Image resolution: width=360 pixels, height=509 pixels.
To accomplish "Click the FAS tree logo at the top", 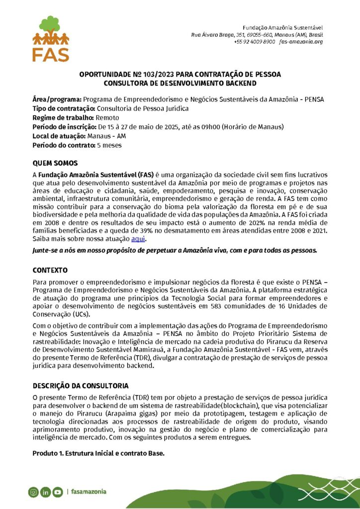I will [51, 38].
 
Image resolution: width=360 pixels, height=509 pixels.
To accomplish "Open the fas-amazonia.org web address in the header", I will [301, 42].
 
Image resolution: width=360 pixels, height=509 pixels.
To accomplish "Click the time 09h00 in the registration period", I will [211, 127].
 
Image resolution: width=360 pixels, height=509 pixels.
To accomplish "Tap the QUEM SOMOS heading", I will [55, 163].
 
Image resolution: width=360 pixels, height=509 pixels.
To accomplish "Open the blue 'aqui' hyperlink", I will [138, 239].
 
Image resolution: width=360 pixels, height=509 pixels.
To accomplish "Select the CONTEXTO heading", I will [50, 270].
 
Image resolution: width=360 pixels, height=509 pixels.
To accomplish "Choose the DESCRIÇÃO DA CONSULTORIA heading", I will [81, 386].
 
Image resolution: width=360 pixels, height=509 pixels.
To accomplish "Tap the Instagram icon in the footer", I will [33, 492].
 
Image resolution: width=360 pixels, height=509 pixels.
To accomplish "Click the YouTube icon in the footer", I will [58, 492].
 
